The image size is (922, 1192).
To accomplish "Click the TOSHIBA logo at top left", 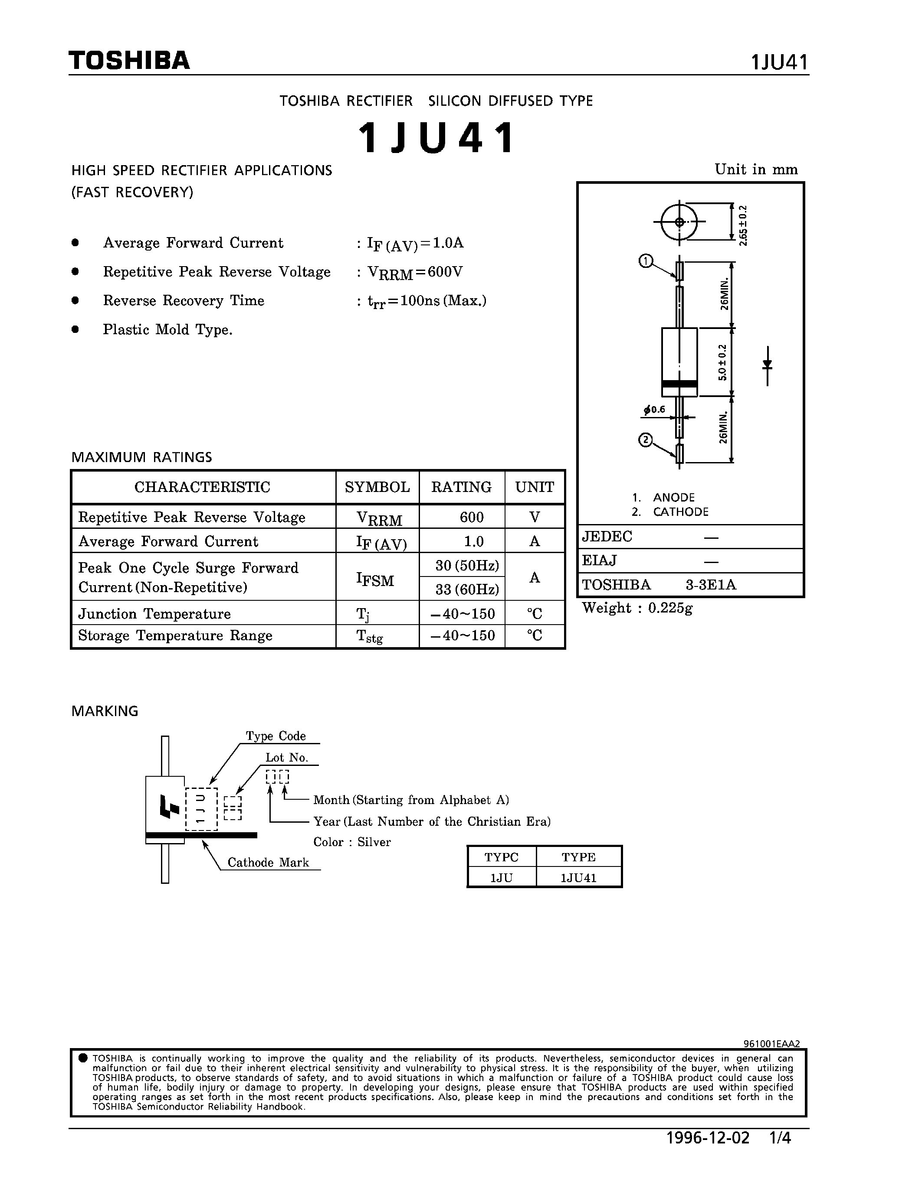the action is click(x=129, y=60).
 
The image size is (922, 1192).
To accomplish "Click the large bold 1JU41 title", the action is click(x=436, y=137).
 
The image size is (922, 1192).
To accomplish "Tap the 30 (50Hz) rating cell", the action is click(x=467, y=565).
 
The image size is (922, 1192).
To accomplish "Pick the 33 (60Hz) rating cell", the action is click(x=467, y=589).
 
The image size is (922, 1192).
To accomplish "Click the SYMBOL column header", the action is click(x=377, y=487).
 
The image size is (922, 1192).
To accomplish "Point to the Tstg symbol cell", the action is click(x=369, y=636).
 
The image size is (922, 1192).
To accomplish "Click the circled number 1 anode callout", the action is click(x=646, y=261).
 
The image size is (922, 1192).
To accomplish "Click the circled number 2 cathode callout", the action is click(x=646, y=440).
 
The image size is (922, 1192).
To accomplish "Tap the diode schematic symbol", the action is click(x=768, y=365).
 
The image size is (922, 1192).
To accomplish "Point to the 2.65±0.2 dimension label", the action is click(x=743, y=225).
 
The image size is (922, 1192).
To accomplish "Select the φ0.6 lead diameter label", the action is click(x=654, y=409).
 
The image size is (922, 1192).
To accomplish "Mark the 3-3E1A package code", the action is click(x=711, y=585).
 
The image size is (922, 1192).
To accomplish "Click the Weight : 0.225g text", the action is click(x=637, y=608).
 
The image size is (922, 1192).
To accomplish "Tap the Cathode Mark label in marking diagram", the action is click(x=268, y=862).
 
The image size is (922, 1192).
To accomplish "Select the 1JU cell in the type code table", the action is click(x=501, y=878).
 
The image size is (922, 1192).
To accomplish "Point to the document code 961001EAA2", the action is click(x=771, y=1044).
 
